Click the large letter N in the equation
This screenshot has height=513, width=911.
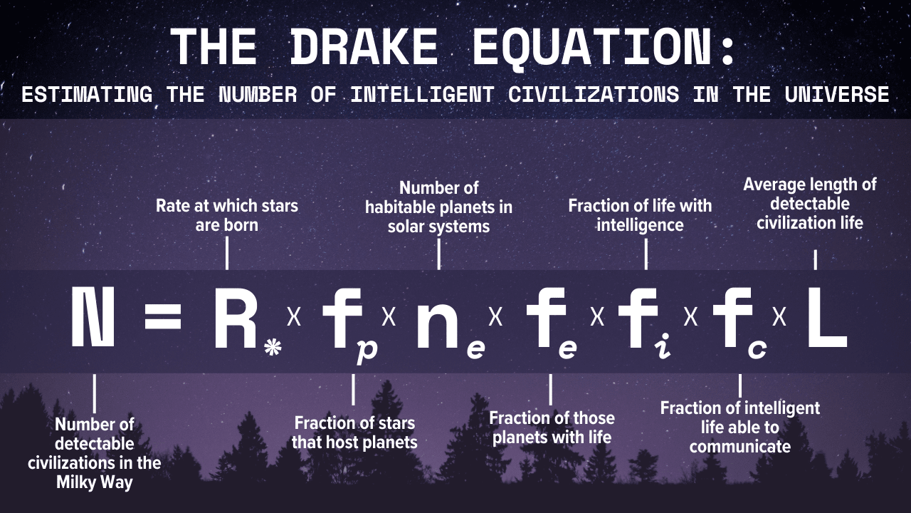(93, 319)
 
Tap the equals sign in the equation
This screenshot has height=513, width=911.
(163, 318)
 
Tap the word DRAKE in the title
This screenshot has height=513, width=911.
(364, 48)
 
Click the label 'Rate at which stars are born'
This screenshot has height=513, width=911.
(227, 215)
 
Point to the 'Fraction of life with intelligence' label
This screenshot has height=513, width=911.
(640, 215)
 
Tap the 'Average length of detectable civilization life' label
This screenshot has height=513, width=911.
(810, 204)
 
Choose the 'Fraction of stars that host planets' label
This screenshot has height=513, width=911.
(354, 432)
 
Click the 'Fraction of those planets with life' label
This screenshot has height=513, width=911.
(552, 427)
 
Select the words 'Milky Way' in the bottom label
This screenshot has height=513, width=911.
(95, 482)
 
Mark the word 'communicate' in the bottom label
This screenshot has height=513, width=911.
(739, 447)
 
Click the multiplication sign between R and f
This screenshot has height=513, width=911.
(293, 317)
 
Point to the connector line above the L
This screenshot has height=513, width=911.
(815, 259)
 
